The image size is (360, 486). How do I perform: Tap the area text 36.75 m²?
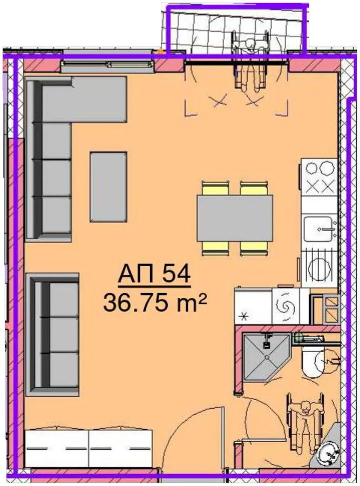click(x=154, y=302)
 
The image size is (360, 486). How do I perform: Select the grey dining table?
click(x=235, y=218)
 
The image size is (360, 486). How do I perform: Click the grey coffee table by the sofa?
click(x=108, y=187)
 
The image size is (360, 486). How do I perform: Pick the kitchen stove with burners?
click(x=319, y=177)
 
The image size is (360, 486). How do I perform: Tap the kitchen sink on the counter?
click(x=319, y=229)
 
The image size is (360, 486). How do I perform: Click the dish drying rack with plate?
click(x=319, y=267)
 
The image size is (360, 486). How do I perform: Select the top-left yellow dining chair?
click(x=215, y=188)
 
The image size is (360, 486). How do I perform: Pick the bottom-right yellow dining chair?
click(x=254, y=248)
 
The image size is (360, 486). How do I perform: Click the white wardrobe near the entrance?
click(x=89, y=447)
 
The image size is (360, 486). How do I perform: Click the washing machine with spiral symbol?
click(x=284, y=306)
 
